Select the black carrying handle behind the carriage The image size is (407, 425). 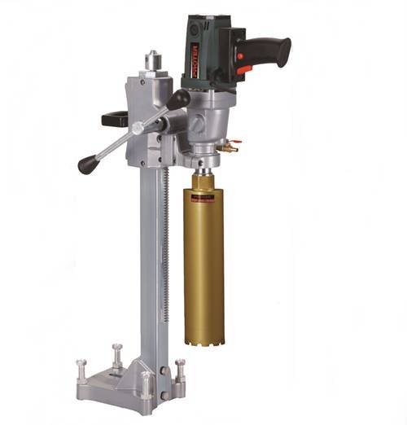pyautogui.click(x=115, y=118)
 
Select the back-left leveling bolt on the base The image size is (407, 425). pyautogui.click(x=117, y=354)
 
